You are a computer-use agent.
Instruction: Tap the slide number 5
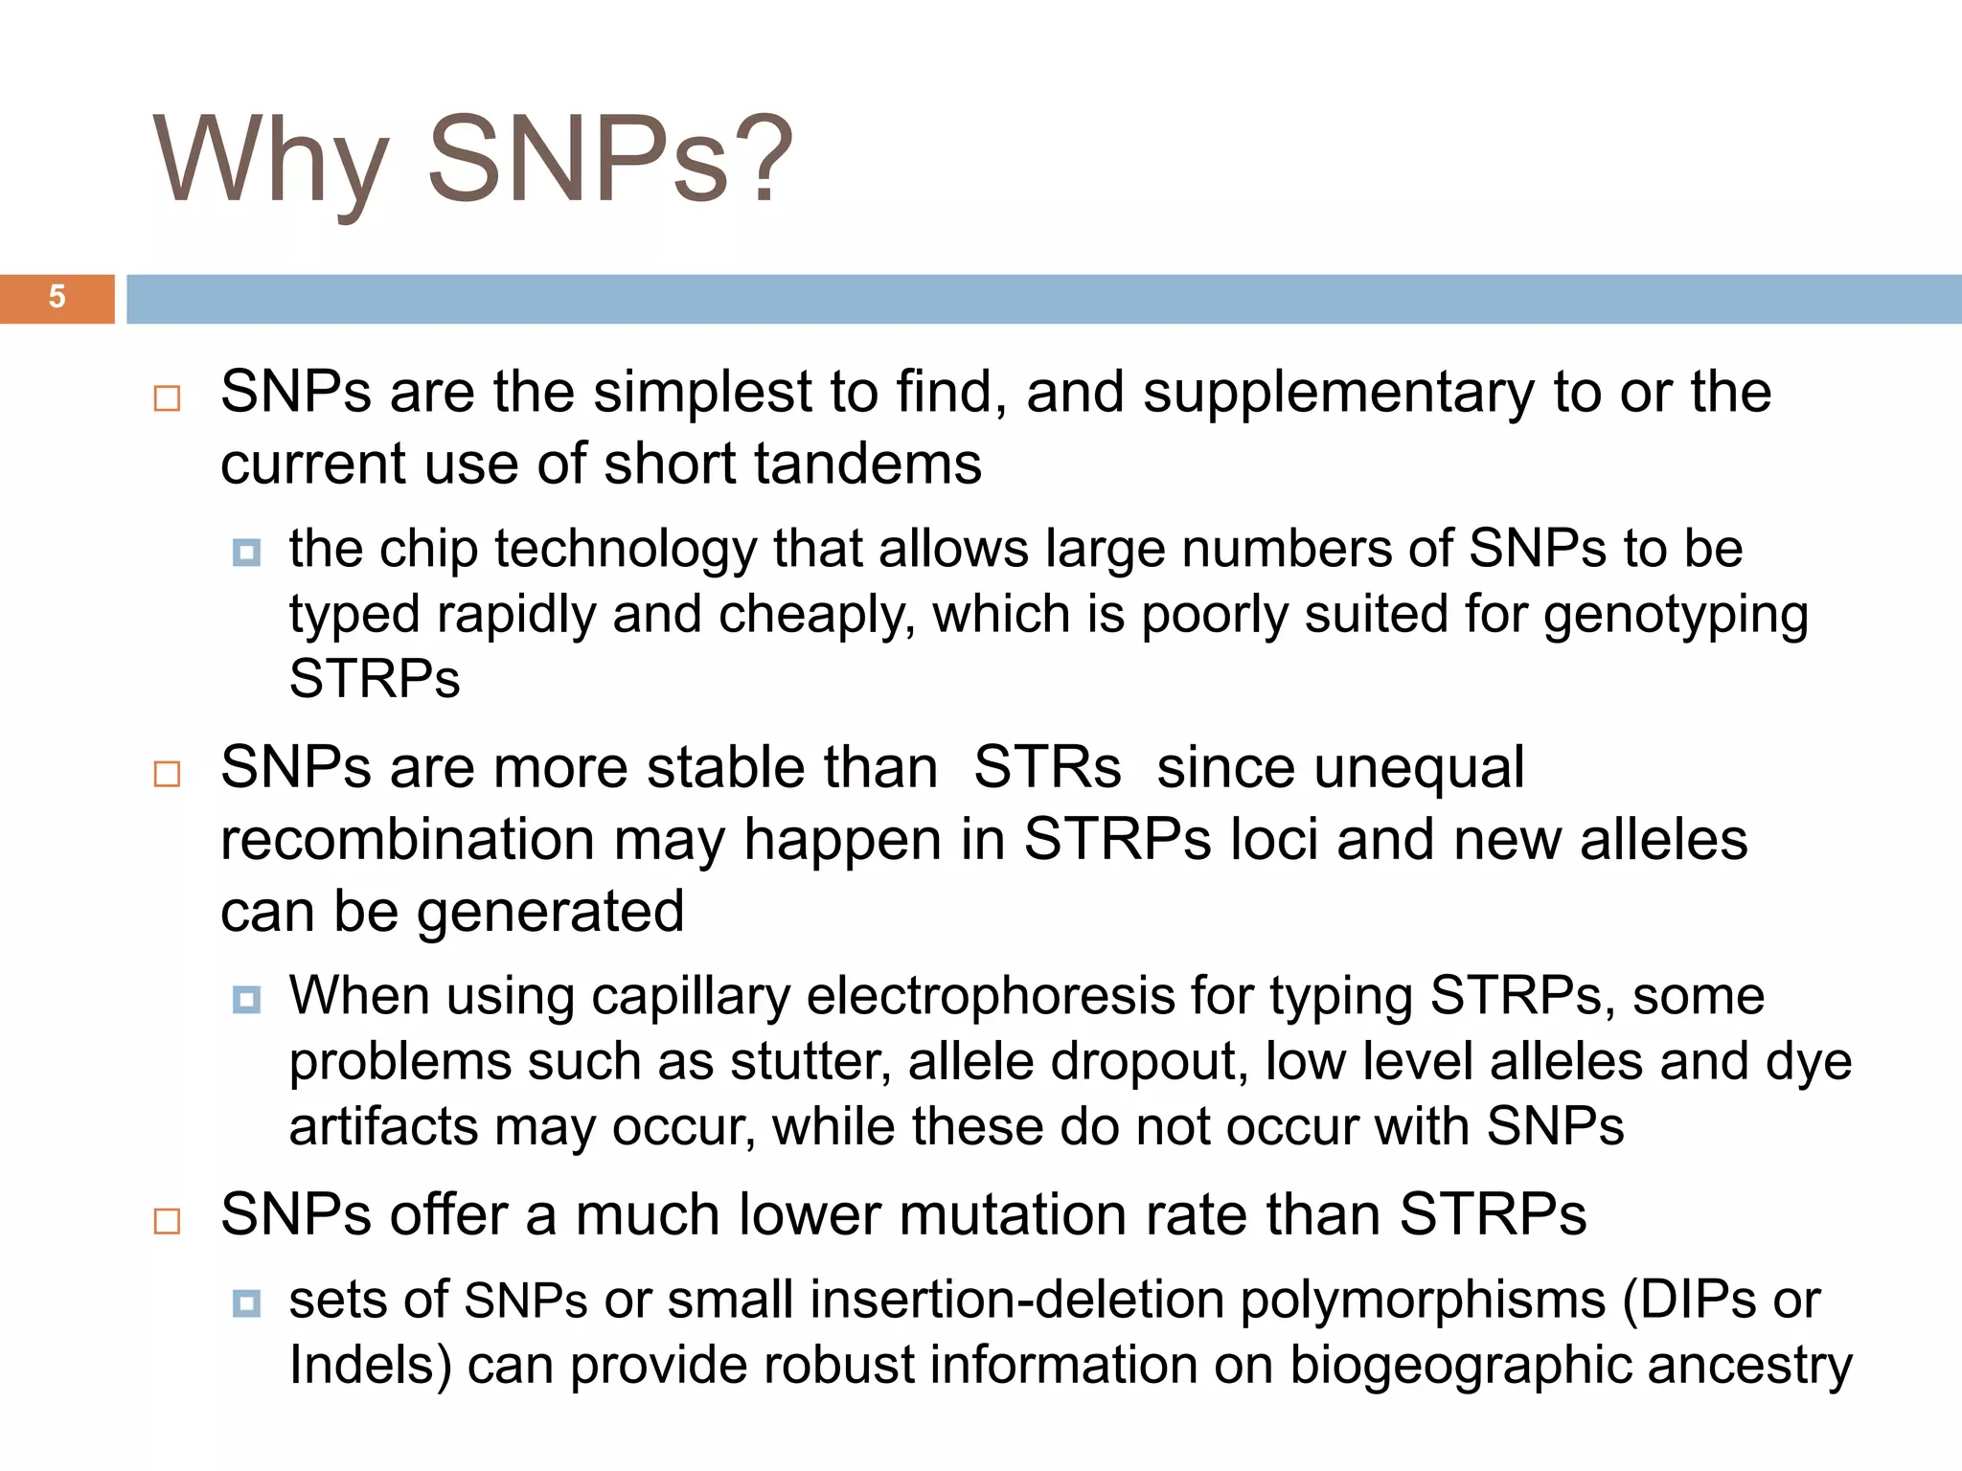point(57,297)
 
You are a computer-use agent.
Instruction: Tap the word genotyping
point(1676,615)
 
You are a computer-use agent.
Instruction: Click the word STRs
point(1047,768)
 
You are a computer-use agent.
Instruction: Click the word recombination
point(408,840)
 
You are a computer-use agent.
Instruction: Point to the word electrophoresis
point(991,996)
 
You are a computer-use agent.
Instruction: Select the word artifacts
point(383,1127)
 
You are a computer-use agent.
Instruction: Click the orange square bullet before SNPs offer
point(168,1221)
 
